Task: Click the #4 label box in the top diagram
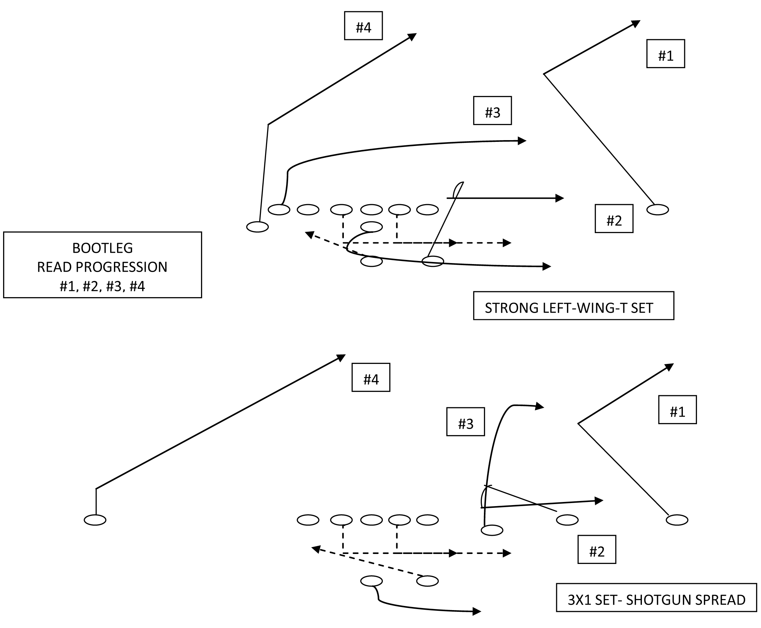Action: point(363,26)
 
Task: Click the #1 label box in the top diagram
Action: point(665,54)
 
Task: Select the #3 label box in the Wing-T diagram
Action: point(492,111)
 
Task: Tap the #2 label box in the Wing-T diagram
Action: point(613,219)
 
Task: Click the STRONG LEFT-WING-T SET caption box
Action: point(573,306)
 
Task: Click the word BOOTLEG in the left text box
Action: point(102,248)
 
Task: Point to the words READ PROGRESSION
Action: point(102,267)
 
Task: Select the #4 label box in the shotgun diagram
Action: point(370,377)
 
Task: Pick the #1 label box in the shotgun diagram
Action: point(677,409)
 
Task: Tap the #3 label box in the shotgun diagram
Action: point(465,422)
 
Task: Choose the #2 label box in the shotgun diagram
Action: point(596,549)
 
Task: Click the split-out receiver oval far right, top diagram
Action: point(657,209)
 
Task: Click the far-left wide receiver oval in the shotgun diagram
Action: point(95,520)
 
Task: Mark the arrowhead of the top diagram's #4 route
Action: point(413,36)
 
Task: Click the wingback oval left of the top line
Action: point(257,227)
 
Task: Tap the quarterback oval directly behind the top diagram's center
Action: point(371,227)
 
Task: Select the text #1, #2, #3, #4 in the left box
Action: point(102,286)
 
